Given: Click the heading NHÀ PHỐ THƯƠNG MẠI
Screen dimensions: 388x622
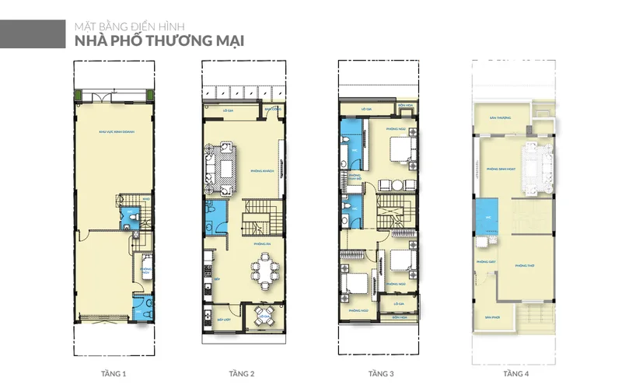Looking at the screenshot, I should pos(159,41).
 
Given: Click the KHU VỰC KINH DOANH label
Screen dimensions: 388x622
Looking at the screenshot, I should pos(113,131).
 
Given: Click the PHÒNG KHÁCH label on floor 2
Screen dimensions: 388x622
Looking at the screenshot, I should pos(261,170).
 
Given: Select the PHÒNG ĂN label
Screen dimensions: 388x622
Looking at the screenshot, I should pos(261,244).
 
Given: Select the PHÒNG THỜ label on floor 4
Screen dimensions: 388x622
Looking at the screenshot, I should pos(526,265).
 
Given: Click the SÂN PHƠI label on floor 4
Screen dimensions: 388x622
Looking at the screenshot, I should pos(491,317).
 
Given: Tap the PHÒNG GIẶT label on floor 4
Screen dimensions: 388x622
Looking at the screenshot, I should pos(487,261).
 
